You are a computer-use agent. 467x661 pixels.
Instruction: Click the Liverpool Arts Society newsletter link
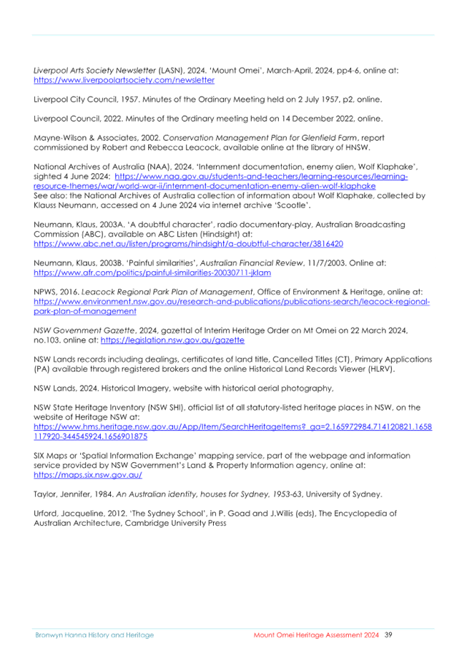[124, 80]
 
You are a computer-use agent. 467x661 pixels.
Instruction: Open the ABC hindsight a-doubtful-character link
[188, 244]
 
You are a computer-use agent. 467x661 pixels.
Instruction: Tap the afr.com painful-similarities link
[152, 273]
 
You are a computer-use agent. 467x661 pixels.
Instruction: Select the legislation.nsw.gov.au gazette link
[172, 341]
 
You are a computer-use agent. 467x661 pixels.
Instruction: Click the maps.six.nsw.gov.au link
[88, 475]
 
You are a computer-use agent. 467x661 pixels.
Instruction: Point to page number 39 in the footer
[388, 635]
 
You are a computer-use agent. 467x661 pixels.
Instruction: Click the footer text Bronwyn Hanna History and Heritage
[94, 635]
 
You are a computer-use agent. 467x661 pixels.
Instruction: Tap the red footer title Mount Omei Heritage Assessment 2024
[316, 635]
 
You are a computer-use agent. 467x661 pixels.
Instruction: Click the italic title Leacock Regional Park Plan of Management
[167, 292]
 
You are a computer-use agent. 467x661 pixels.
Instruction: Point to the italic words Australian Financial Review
[252, 263]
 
